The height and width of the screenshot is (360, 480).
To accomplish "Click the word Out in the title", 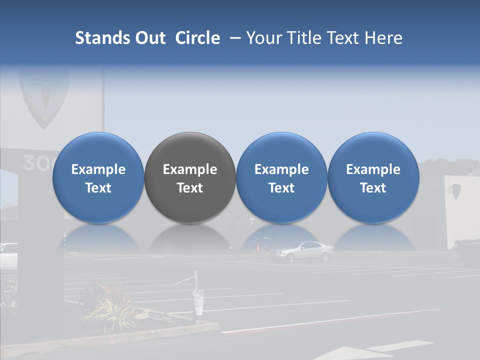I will (x=150, y=38).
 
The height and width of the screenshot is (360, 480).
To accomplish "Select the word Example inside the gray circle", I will (x=190, y=169).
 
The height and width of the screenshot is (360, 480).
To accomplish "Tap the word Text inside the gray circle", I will (x=190, y=188).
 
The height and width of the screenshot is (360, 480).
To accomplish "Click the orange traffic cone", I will (x=258, y=247).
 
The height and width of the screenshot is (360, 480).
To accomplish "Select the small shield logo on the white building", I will (x=455, y=190).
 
